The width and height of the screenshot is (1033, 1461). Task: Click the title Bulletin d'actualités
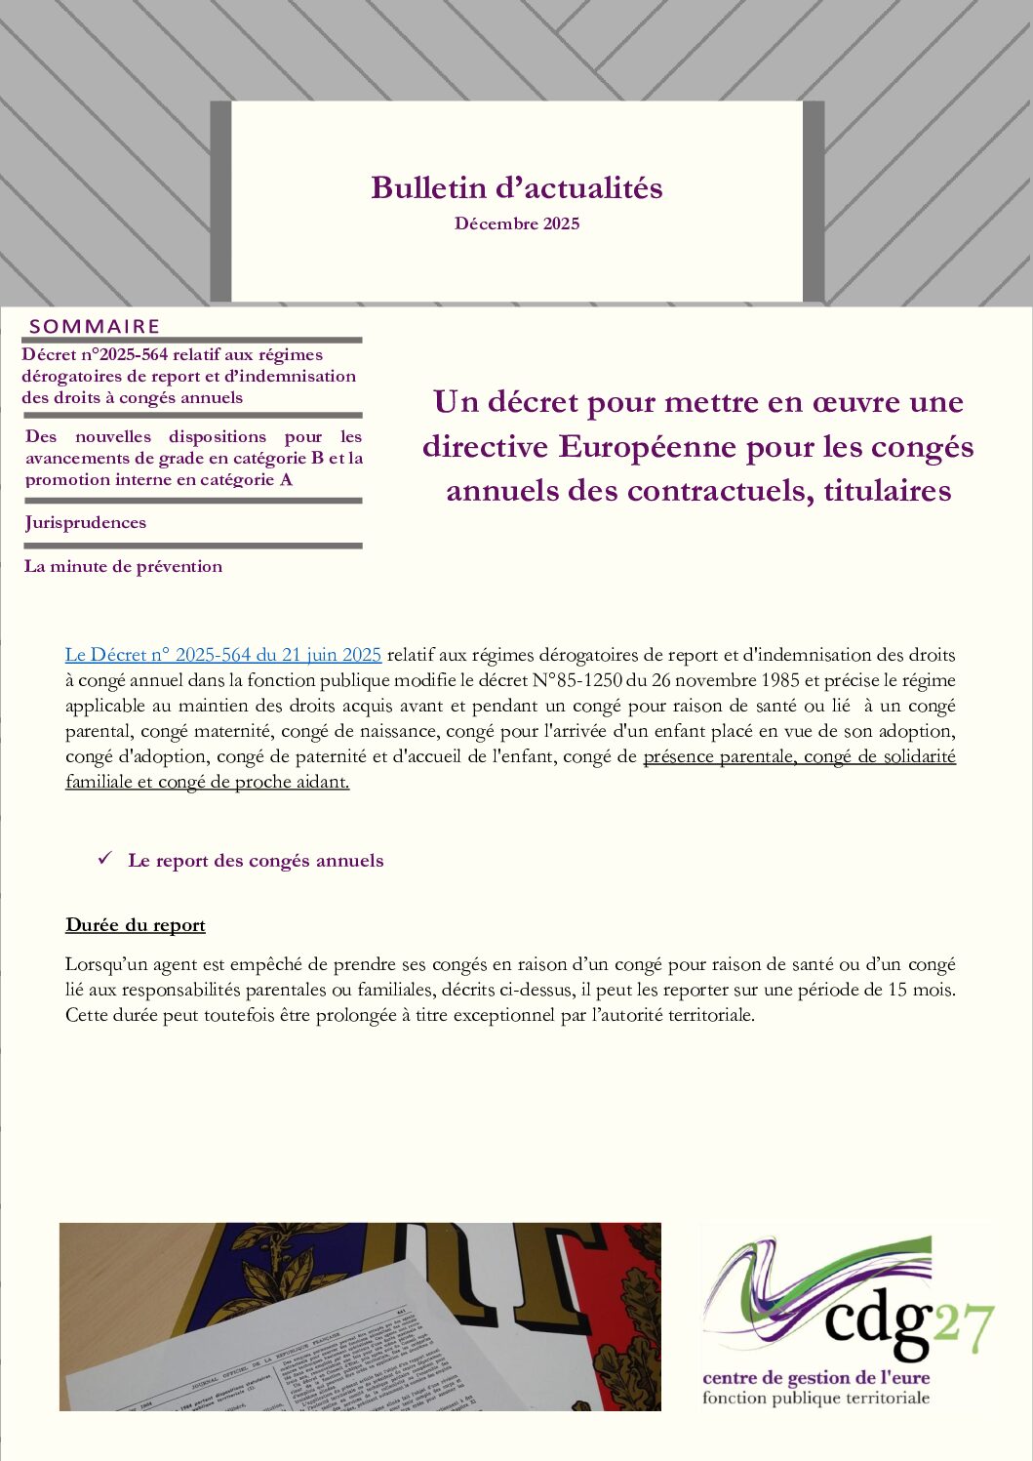point(516,187)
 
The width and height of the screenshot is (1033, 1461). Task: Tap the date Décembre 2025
point(516,223)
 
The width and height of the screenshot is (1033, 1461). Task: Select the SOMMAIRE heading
point(95,326)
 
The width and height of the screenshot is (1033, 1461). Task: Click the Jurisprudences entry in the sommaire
point(86,522)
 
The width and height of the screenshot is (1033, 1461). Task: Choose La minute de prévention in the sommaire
point(123,566)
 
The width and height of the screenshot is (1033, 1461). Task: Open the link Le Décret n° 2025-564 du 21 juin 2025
point(222,655)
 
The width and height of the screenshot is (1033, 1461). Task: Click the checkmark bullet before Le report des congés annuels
point(105,859)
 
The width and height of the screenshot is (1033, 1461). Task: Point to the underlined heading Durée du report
point(136,925)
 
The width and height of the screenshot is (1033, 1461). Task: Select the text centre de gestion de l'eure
point(815,1378)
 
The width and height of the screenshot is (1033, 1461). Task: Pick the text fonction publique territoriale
point(815,1399)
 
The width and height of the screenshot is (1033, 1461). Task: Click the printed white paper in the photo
point(293,1357)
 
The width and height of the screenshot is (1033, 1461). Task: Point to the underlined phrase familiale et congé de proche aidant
point(207,782)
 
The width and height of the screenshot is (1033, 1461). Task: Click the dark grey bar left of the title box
point(220,201)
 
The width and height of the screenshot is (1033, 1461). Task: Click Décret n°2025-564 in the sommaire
point(95,354)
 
